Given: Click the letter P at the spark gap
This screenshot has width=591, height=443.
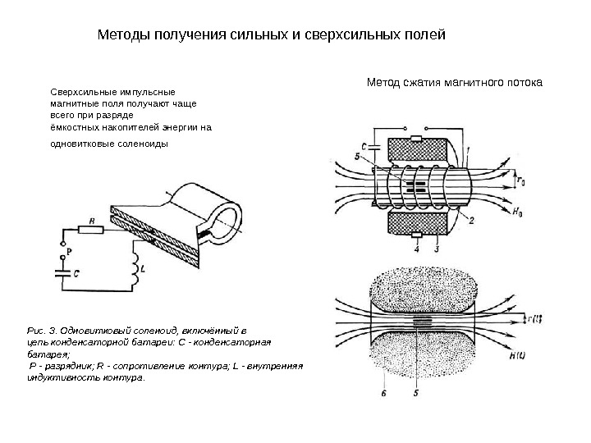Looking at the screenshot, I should (x=70, y=251).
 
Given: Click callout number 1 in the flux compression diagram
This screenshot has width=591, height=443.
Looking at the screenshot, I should (x=467, y=149).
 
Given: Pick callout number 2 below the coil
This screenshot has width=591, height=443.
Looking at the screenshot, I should (x=471, y=220).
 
